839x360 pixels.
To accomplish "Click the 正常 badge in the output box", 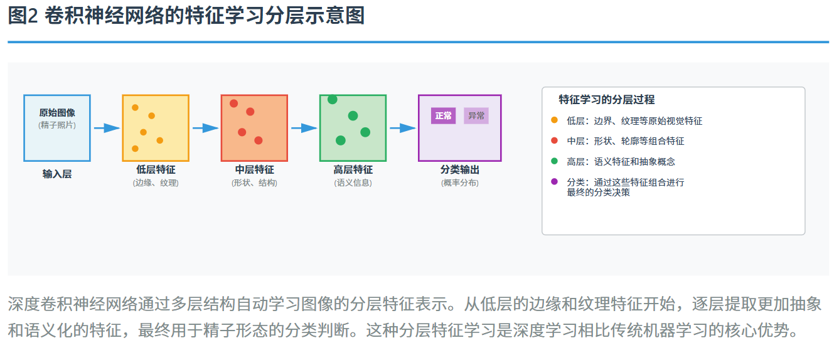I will [x=443, y=116].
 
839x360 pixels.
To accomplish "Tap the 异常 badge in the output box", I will [x=476, y=116].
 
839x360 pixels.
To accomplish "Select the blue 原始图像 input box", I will [x=57, y=128].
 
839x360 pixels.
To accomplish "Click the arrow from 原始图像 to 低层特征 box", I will [x=107, y=128].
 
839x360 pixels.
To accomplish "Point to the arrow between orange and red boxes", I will [x=205, y=128].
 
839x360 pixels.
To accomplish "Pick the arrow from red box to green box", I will [x=304, y=128].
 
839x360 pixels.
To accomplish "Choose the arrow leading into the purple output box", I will [x=402, y=128].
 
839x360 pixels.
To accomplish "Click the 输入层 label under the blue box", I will [x=57, y=174].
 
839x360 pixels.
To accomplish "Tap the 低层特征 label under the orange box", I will [x=156, y=169].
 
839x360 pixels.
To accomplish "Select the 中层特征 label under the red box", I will [x=254, y=169].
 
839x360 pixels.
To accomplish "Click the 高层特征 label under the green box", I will [x=353, y=169].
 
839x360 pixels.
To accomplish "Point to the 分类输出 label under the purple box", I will [x=460, y=169].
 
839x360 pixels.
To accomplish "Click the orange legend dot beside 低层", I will [x=554, y=120].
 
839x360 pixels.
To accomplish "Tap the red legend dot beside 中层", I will [x=554, y=141].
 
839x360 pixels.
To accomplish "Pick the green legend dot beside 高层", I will [x=554, y=161].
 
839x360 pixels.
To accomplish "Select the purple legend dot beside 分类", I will [x=554, y=182].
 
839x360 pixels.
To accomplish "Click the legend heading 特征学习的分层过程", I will [x=606, y=100].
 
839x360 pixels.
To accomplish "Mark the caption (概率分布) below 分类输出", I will [x=460, y=183].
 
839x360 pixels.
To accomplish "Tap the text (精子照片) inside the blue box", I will [x=57, y=125].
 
